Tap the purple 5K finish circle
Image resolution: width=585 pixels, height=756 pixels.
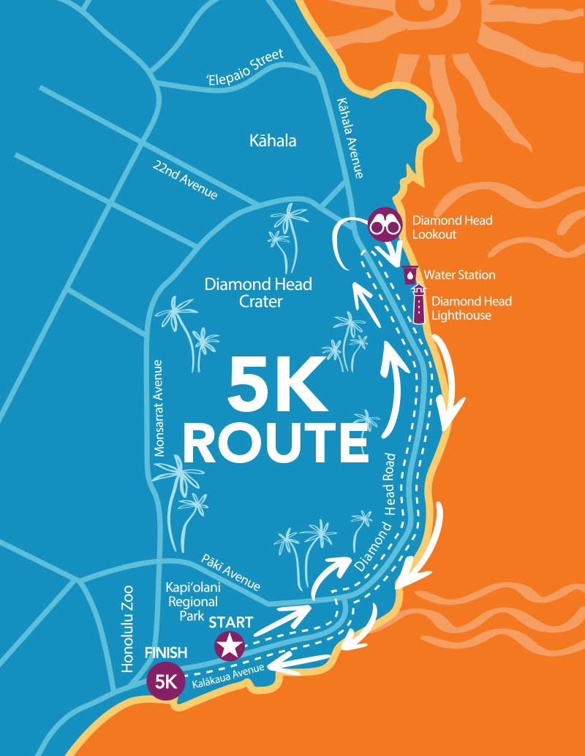pos(165,681)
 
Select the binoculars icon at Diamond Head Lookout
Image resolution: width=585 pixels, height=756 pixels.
pos(385,224)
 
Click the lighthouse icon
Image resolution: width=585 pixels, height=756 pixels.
pos(419,304)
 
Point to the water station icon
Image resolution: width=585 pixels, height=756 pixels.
pos(409,275)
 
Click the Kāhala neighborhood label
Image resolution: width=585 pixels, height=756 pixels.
pos(273,141)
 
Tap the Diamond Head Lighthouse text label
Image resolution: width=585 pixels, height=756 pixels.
pos(471,308)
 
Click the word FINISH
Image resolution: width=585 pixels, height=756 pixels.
pos(166,652)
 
